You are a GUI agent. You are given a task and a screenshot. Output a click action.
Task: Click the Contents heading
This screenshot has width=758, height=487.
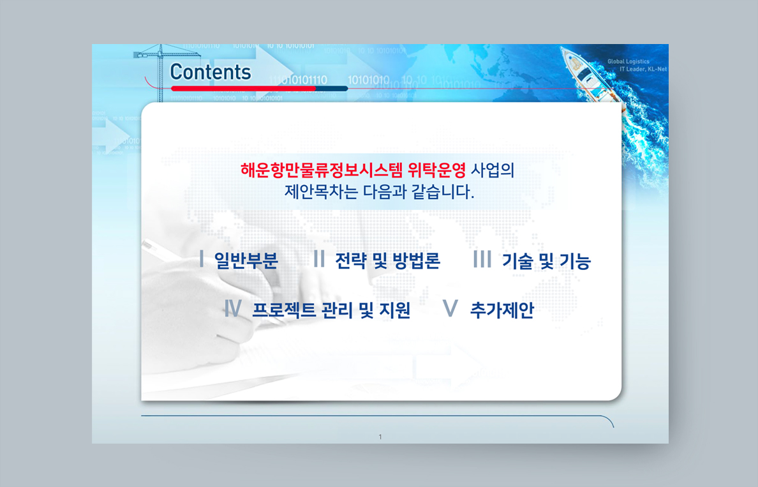pyautogui.click(x=211, y=72)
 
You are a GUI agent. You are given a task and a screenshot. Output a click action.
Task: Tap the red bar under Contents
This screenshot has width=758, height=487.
pyautogui.click(x=243, y=89)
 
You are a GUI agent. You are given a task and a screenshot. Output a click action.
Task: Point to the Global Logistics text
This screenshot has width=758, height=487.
pyautogui.click(x=628, y=61)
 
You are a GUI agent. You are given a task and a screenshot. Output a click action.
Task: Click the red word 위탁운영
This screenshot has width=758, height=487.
pyautogui.click(x=437, y=170)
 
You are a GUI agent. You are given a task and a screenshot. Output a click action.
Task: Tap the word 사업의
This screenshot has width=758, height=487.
pyautogui.click(x=493, y=170)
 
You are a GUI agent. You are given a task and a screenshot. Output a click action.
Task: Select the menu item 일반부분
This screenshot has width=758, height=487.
pyautogui.click(x=246, y=260)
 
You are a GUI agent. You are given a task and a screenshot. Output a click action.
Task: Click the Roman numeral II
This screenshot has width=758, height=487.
pyautogui.click(x=319, y=258)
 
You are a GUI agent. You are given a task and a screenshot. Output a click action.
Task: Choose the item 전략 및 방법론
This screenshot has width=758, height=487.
pyautogui.click(x=388, y=260)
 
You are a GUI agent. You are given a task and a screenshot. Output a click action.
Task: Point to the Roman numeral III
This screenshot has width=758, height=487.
pyautogui.click(x=482, y=258)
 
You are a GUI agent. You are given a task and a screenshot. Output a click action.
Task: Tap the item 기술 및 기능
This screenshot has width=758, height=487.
pyautogui.click(x=546, y=260)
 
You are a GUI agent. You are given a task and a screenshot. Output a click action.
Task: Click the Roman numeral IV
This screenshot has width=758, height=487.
pyautogui.click(x=232, y=308)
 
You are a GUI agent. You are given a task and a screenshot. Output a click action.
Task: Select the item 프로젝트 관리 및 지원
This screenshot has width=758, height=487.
pyautogui.click(x=331, y=310)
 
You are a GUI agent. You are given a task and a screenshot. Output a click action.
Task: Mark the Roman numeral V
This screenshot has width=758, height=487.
pyautogui.click(x=450, y=308)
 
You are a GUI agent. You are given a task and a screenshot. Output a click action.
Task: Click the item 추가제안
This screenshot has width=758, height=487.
pyautogui.click(x=502, y=310)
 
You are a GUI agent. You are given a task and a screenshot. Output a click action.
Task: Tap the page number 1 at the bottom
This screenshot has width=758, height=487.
pyautogui.click(x=380, y=437)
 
